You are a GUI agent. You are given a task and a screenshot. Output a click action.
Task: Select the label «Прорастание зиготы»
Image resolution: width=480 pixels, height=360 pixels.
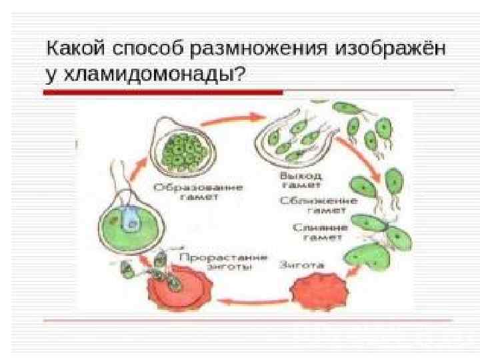pos(223,262)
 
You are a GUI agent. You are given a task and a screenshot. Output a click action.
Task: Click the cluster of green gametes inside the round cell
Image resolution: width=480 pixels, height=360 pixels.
pos(183,148)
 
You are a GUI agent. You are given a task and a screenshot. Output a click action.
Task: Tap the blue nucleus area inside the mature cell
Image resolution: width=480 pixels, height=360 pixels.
pos(129,219)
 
